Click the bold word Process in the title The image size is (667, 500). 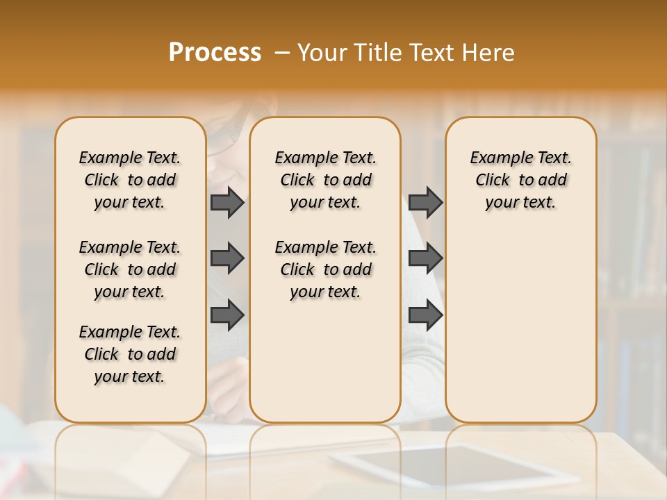215,53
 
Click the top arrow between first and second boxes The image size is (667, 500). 227,202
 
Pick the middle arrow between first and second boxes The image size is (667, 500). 227,258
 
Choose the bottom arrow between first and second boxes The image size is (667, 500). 227,315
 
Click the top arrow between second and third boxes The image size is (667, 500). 425,202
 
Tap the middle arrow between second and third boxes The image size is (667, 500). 425,258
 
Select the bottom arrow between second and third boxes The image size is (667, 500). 425,315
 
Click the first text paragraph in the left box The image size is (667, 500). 130,180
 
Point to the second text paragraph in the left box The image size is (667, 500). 130,269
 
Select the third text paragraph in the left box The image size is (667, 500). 130,354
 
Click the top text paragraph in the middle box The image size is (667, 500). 325,180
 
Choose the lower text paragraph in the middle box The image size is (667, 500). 325,269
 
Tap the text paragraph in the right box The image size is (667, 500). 521,180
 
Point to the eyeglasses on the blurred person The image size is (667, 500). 222,135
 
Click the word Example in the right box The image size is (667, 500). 495,158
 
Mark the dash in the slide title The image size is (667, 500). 282,53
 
